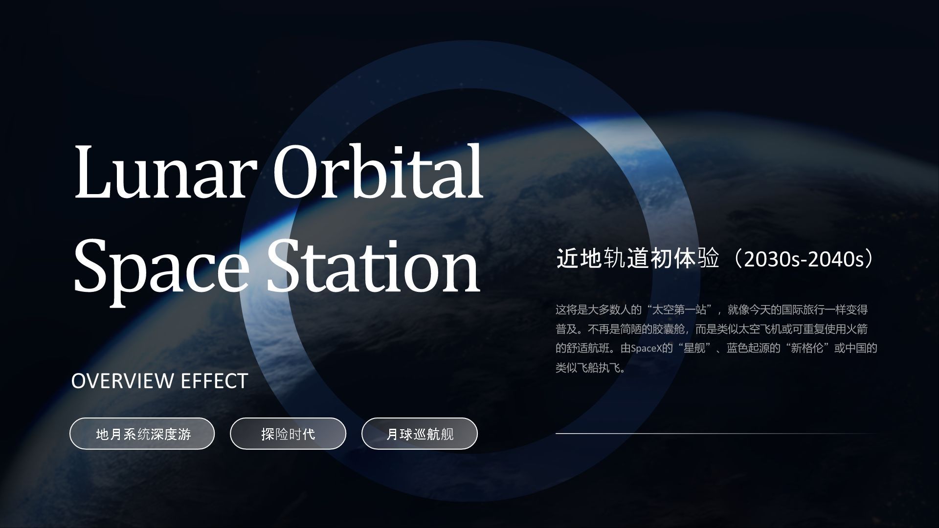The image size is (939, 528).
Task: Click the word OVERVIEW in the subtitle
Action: (x=123, y=381)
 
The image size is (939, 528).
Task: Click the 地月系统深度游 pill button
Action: (x=142, y=434)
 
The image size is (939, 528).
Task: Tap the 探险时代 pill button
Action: (x=288, y=434)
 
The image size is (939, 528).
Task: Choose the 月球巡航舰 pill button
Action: (x=420, y=434)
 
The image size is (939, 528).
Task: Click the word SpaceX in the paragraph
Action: (x=646, y=349)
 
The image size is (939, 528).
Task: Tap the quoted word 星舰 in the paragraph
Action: (x=694, y=349)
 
